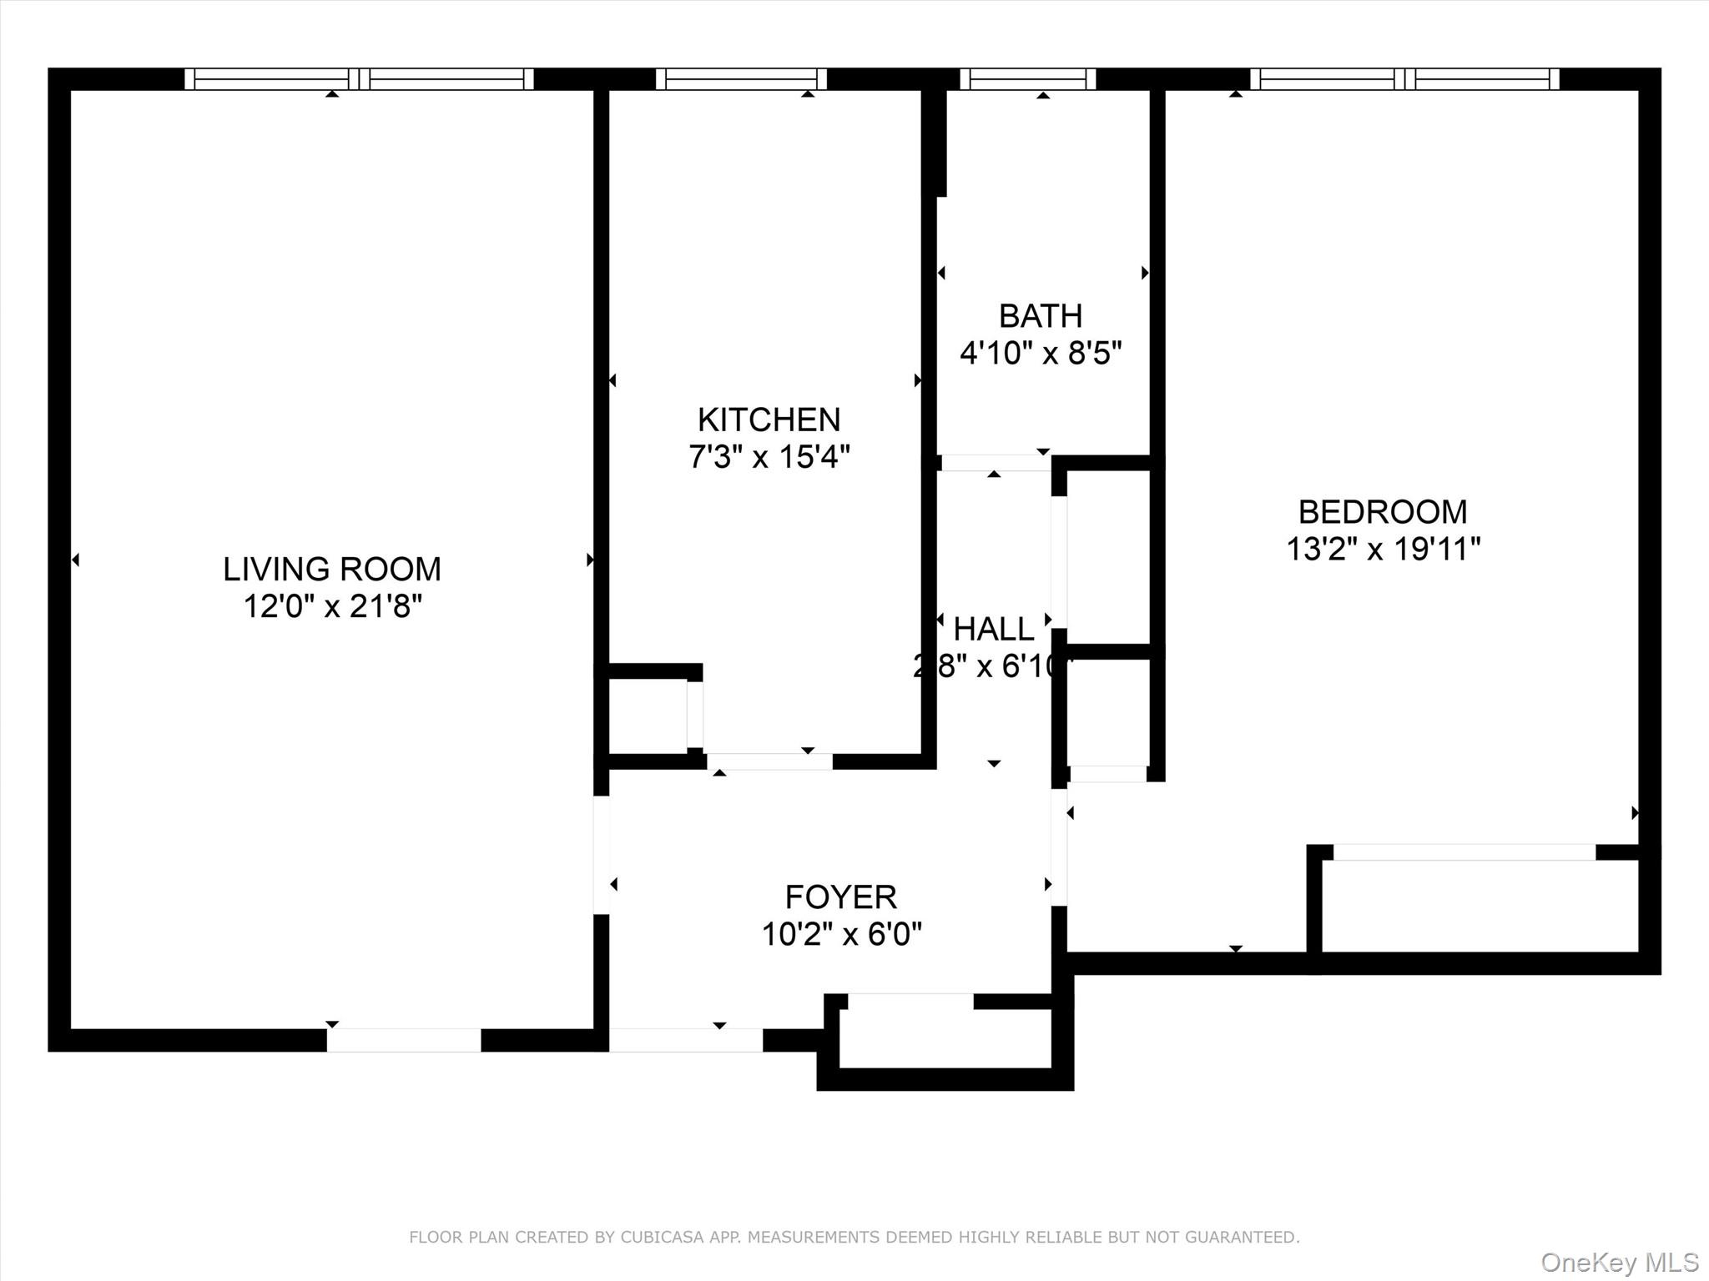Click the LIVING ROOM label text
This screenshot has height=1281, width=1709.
coord(331,569)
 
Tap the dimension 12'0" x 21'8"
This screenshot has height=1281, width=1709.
coord(332,606)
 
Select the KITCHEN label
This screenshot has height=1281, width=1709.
coord(769,419)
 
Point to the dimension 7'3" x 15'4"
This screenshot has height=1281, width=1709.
coord(769,457)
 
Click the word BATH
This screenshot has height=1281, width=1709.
coord(1041,316)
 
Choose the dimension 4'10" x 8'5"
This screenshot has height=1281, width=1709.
coord(1041,354)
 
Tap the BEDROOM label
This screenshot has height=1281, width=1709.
coord(1382,511)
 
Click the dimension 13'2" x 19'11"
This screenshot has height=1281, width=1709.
coord(1383,549)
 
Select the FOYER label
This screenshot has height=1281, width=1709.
coord(840,897)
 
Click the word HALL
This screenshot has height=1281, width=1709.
coord(993,630)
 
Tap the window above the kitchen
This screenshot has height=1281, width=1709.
coord(741,79)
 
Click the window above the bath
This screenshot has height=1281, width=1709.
coord(1028,79)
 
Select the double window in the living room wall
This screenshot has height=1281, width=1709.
coord(359,79)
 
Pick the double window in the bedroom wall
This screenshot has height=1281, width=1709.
coord(1404,79)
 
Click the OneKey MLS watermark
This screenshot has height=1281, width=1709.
coord(1620,1262)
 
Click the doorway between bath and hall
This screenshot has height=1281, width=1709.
coord(995,463)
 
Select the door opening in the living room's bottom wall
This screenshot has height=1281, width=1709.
coord(404,1040)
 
